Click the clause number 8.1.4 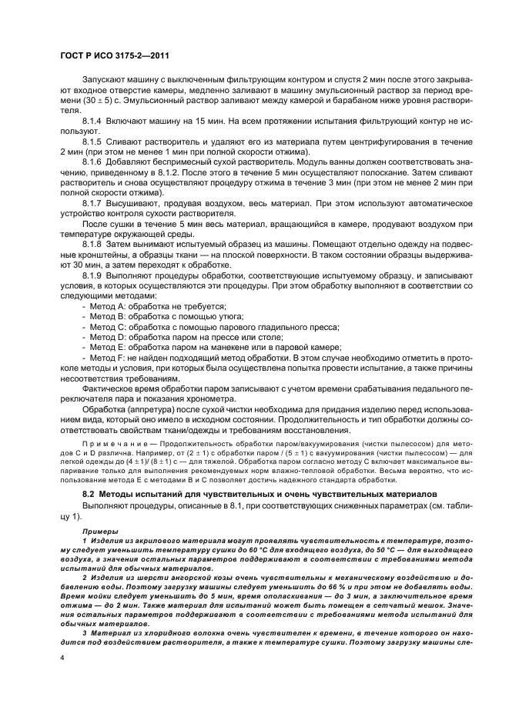pos(94,123)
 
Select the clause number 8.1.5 pos(94,144)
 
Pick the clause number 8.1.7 pos(94,202)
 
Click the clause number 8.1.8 pos(94,245)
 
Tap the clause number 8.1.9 pos(94,275)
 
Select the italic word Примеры pos(99,531)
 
